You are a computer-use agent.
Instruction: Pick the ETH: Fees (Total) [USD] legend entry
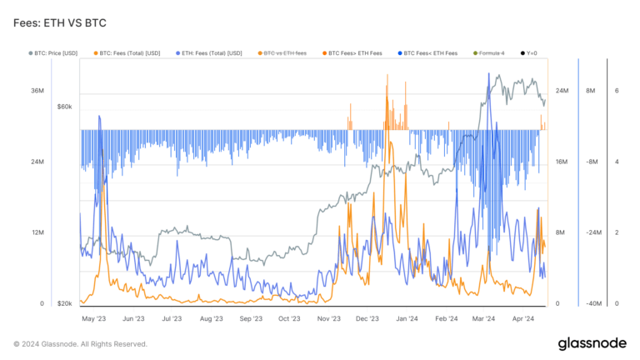click(211, 53)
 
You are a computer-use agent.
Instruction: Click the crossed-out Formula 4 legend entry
click(490, 53)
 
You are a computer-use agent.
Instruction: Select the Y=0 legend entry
click(530, 53)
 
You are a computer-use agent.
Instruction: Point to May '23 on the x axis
click(93, 318)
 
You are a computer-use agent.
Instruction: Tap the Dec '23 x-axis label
click(367, 318)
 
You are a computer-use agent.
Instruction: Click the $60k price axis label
click(64, 107)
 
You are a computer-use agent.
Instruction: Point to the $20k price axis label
click(64, 304)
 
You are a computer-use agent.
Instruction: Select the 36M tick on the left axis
click(37, 91)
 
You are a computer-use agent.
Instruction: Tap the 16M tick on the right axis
click(562, 162)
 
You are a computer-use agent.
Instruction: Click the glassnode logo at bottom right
click(592, 343)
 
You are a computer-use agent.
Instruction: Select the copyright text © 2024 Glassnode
click(80, 343)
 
